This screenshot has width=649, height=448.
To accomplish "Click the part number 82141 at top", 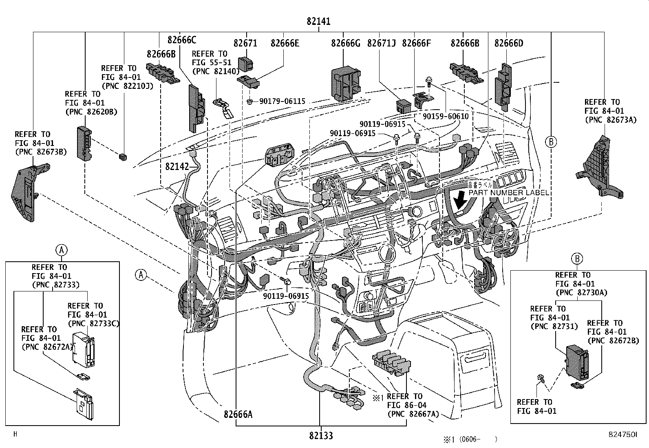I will (318, 22).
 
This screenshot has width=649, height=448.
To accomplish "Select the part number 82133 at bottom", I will (320, 436).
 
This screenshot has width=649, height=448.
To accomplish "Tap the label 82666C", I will (182, 40).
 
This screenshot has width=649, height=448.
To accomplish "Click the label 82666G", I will (346, 43).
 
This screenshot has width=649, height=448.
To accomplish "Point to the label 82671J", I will (381, 43).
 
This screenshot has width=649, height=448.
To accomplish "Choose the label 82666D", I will (508, 43).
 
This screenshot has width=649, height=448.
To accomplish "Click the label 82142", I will (177, 166).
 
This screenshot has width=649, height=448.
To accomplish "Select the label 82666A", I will (238, 414).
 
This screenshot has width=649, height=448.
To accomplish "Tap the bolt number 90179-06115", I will (282, 101).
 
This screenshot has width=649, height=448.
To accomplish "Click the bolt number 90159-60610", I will (446, 116).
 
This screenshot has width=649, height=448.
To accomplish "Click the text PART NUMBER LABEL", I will (508, 192).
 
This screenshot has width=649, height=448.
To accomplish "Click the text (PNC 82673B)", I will (41, 152).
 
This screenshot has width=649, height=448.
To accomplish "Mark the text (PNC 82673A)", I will (610, 119).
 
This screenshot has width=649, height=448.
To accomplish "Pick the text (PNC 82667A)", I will (413, 414).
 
